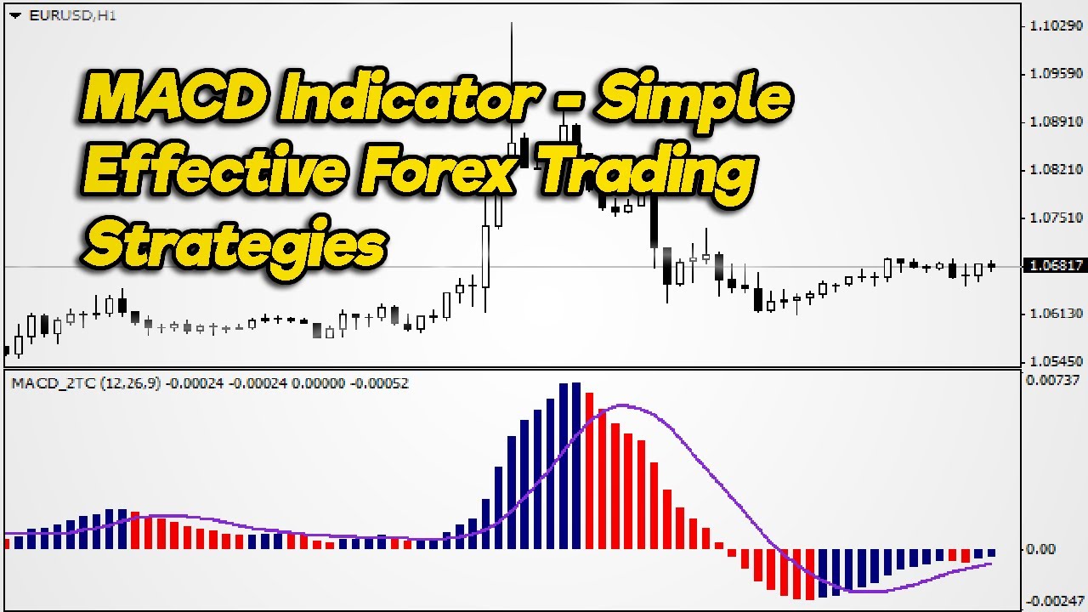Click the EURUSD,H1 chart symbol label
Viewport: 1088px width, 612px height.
pyautogui.click(x=73, y=16)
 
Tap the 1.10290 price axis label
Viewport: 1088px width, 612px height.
pyautogui.click(x=1057, y=25)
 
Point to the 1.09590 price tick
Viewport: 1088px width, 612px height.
pyautogui.click(x=1057, y=74)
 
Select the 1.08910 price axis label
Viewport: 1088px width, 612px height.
pyautogui.click(x=1057, y=122)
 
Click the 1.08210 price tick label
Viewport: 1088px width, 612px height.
pyautogui.click(x=1057, y=170)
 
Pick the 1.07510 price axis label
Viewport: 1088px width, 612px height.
pyautogui.click(x=1057, y=218)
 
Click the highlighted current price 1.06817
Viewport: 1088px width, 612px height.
pyautogui.click(x=1055, y=265)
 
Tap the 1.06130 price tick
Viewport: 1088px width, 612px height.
pyautogui.click(x=1057, y=314)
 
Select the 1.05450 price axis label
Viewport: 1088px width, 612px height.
pyautogui.click(x=1057, y=362)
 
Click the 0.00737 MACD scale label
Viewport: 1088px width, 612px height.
pyautogui.click(x=1052, y=380)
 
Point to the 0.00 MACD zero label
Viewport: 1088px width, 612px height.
pyautogui.click(x=1040, y=549)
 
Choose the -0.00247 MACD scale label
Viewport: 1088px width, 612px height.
pyautogui.click(x=1054, y=602)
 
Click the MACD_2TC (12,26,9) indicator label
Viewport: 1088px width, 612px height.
pyautogui.click(x=86, y=383)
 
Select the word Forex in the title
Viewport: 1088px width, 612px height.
pyautogui.click(x=437, y=170)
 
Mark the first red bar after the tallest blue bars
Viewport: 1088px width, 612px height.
pyautogui.click(x=590, y=471)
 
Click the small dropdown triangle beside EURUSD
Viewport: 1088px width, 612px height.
pyautogui.click(x=15, y=16)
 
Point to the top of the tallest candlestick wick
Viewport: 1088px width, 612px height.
pyautogui.click(x=512, y=22)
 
